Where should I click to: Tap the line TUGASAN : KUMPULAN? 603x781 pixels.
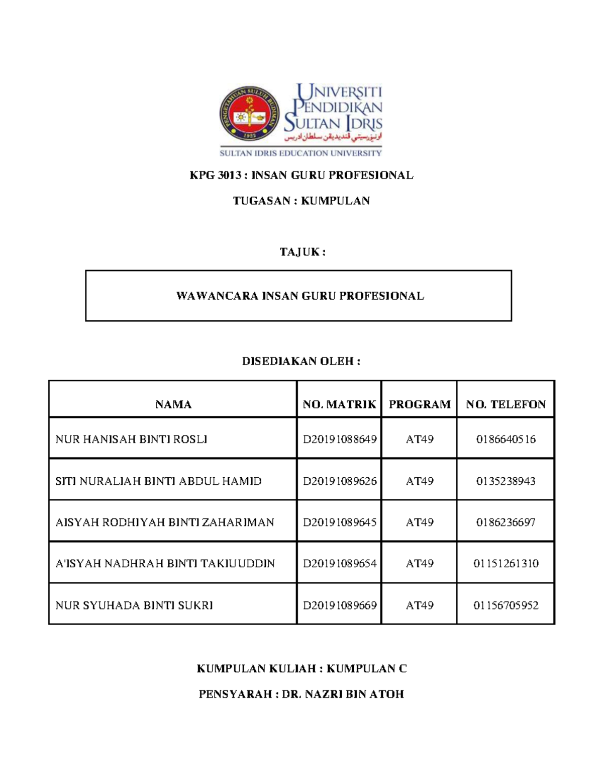point(301,201)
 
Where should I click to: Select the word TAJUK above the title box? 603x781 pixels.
point(299,252)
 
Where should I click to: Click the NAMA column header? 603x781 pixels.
point(173,405)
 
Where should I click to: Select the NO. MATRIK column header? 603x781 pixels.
point(339,405)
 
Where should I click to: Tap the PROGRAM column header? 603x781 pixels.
point(420,405)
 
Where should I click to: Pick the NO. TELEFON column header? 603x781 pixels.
point(506,405)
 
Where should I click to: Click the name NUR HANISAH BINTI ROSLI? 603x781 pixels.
point(131,440)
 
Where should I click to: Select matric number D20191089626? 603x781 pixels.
point(339,481)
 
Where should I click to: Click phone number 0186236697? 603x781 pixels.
point(506,523)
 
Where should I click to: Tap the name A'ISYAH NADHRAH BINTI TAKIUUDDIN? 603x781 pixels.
point(165,564)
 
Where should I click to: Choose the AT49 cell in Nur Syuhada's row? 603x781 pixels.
point(420,605)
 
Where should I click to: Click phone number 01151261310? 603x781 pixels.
point(506,564)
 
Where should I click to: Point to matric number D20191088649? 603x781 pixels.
point(339,440)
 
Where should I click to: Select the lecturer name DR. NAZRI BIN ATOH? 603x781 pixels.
point(343,695)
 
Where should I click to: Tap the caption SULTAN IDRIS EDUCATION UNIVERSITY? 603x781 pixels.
point(300,153)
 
